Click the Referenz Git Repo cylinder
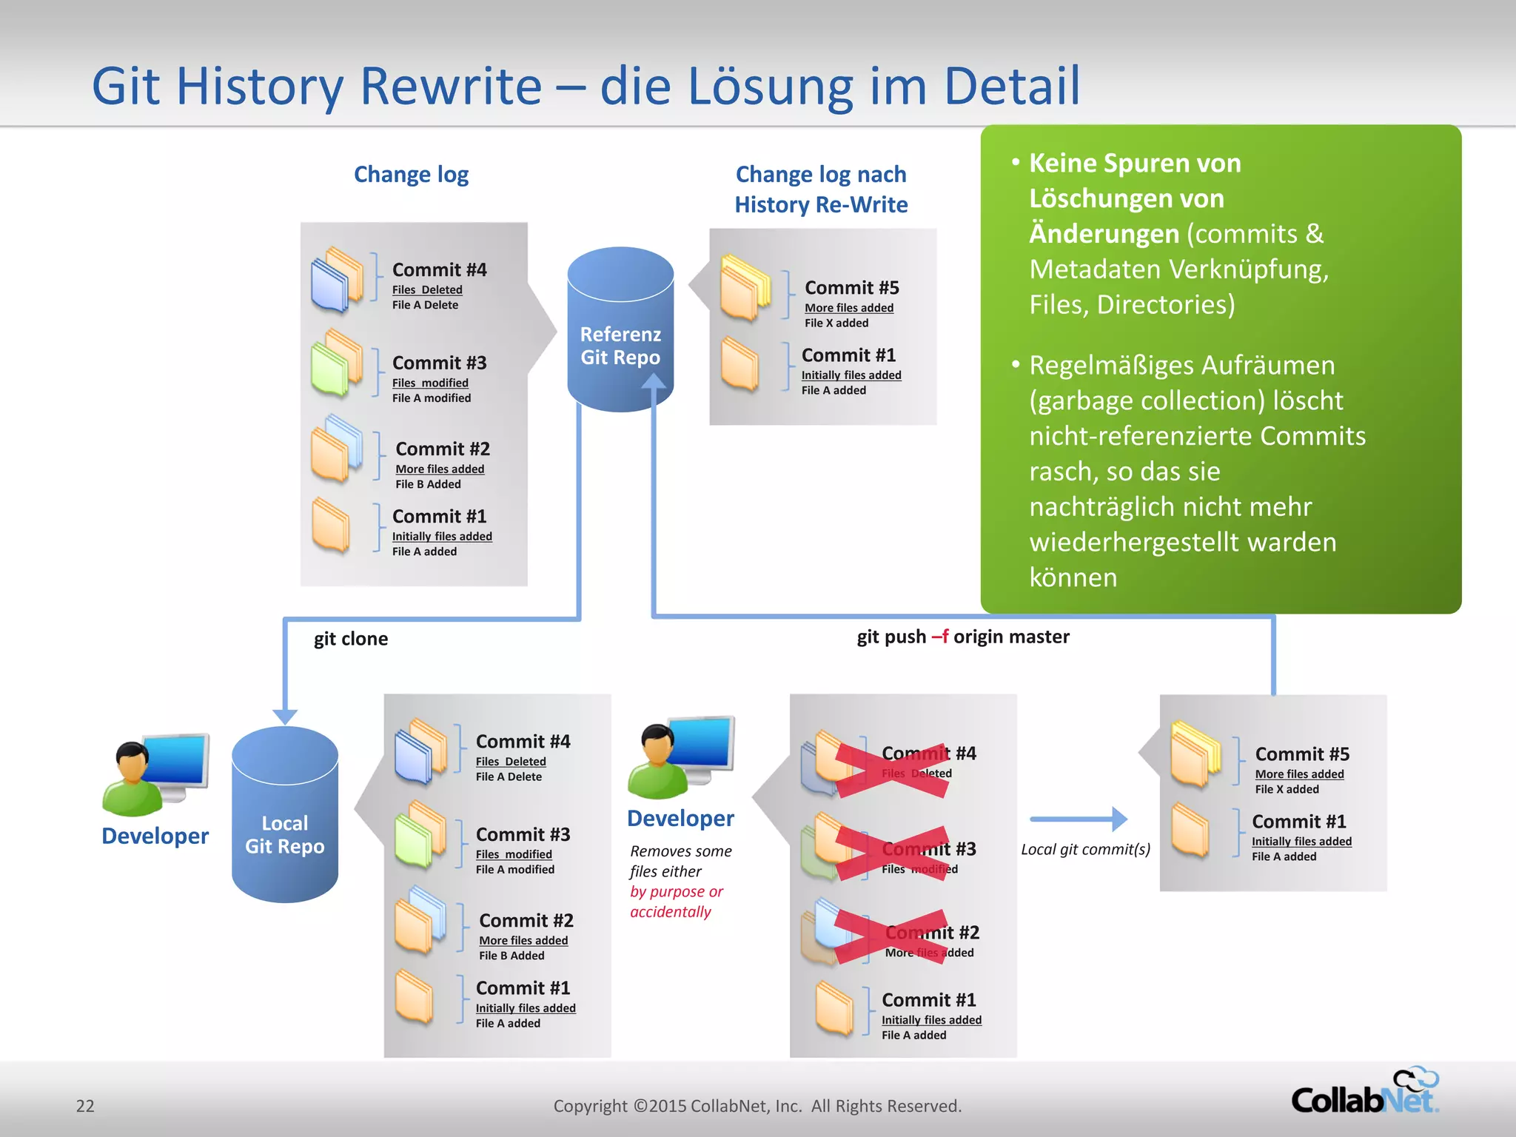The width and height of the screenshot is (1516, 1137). coord(620,329)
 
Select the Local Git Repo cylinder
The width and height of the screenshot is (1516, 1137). coord(285,814)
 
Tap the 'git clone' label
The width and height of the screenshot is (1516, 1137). coord(350,639)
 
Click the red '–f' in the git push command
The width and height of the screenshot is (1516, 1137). coord(940,637)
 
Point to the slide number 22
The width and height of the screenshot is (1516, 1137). coord(85,1106)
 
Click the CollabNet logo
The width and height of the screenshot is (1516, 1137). coord(1364,1093)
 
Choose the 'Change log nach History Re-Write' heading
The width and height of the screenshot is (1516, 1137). coord(821,189)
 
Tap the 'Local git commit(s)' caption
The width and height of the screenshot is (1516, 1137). coord(1085,849)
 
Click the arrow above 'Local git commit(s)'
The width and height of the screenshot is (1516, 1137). coord(1079,819)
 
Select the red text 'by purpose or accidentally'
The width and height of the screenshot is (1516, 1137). coord(676,902)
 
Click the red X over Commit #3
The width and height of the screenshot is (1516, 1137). coord(893,853)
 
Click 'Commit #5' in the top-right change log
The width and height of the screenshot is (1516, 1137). coord(851,288)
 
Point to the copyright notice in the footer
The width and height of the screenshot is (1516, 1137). coord(757,1106)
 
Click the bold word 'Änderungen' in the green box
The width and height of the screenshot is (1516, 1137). coord(1104,234)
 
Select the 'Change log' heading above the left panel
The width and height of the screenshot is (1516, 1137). coord(411,175)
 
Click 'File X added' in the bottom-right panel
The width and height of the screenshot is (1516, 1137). coord(1287,789)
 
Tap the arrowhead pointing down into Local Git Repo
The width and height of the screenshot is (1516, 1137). coord(285,717)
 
